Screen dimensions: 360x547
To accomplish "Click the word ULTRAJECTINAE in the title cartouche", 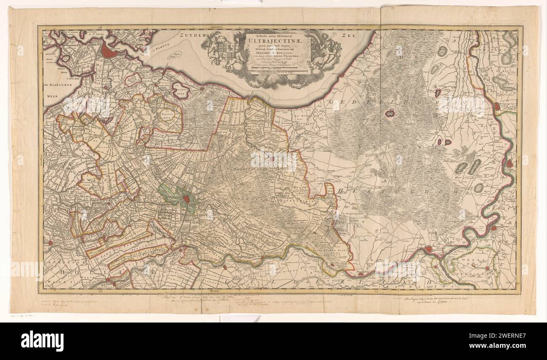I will tap(278, 41).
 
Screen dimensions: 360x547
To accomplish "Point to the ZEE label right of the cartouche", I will tap(349, 36).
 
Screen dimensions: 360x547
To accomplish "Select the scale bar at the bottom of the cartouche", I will tap(278, 72).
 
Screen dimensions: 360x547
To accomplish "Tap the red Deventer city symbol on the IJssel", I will tap(497, 107).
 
